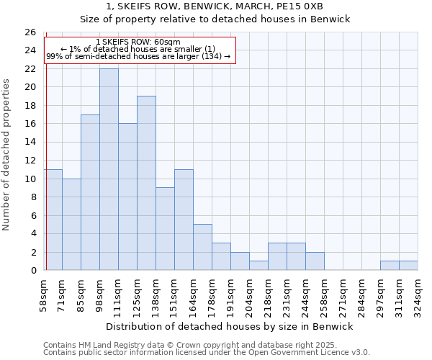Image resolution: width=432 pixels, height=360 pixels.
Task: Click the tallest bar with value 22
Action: tap(109, 169)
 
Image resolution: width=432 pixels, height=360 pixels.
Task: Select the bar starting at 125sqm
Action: tap(146, 183)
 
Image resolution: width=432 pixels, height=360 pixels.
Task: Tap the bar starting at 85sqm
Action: tap(90, 192)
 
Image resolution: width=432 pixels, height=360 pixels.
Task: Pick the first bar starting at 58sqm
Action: tap(53, 220)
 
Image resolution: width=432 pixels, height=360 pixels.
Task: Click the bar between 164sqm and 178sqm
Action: tap(202, 247)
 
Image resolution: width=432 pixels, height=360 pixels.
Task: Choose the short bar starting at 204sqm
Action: tap(258, 265)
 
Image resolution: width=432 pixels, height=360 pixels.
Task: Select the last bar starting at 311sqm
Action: tap(408, 265)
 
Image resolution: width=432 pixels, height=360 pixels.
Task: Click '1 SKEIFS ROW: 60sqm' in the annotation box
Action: tap(138, 42)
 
